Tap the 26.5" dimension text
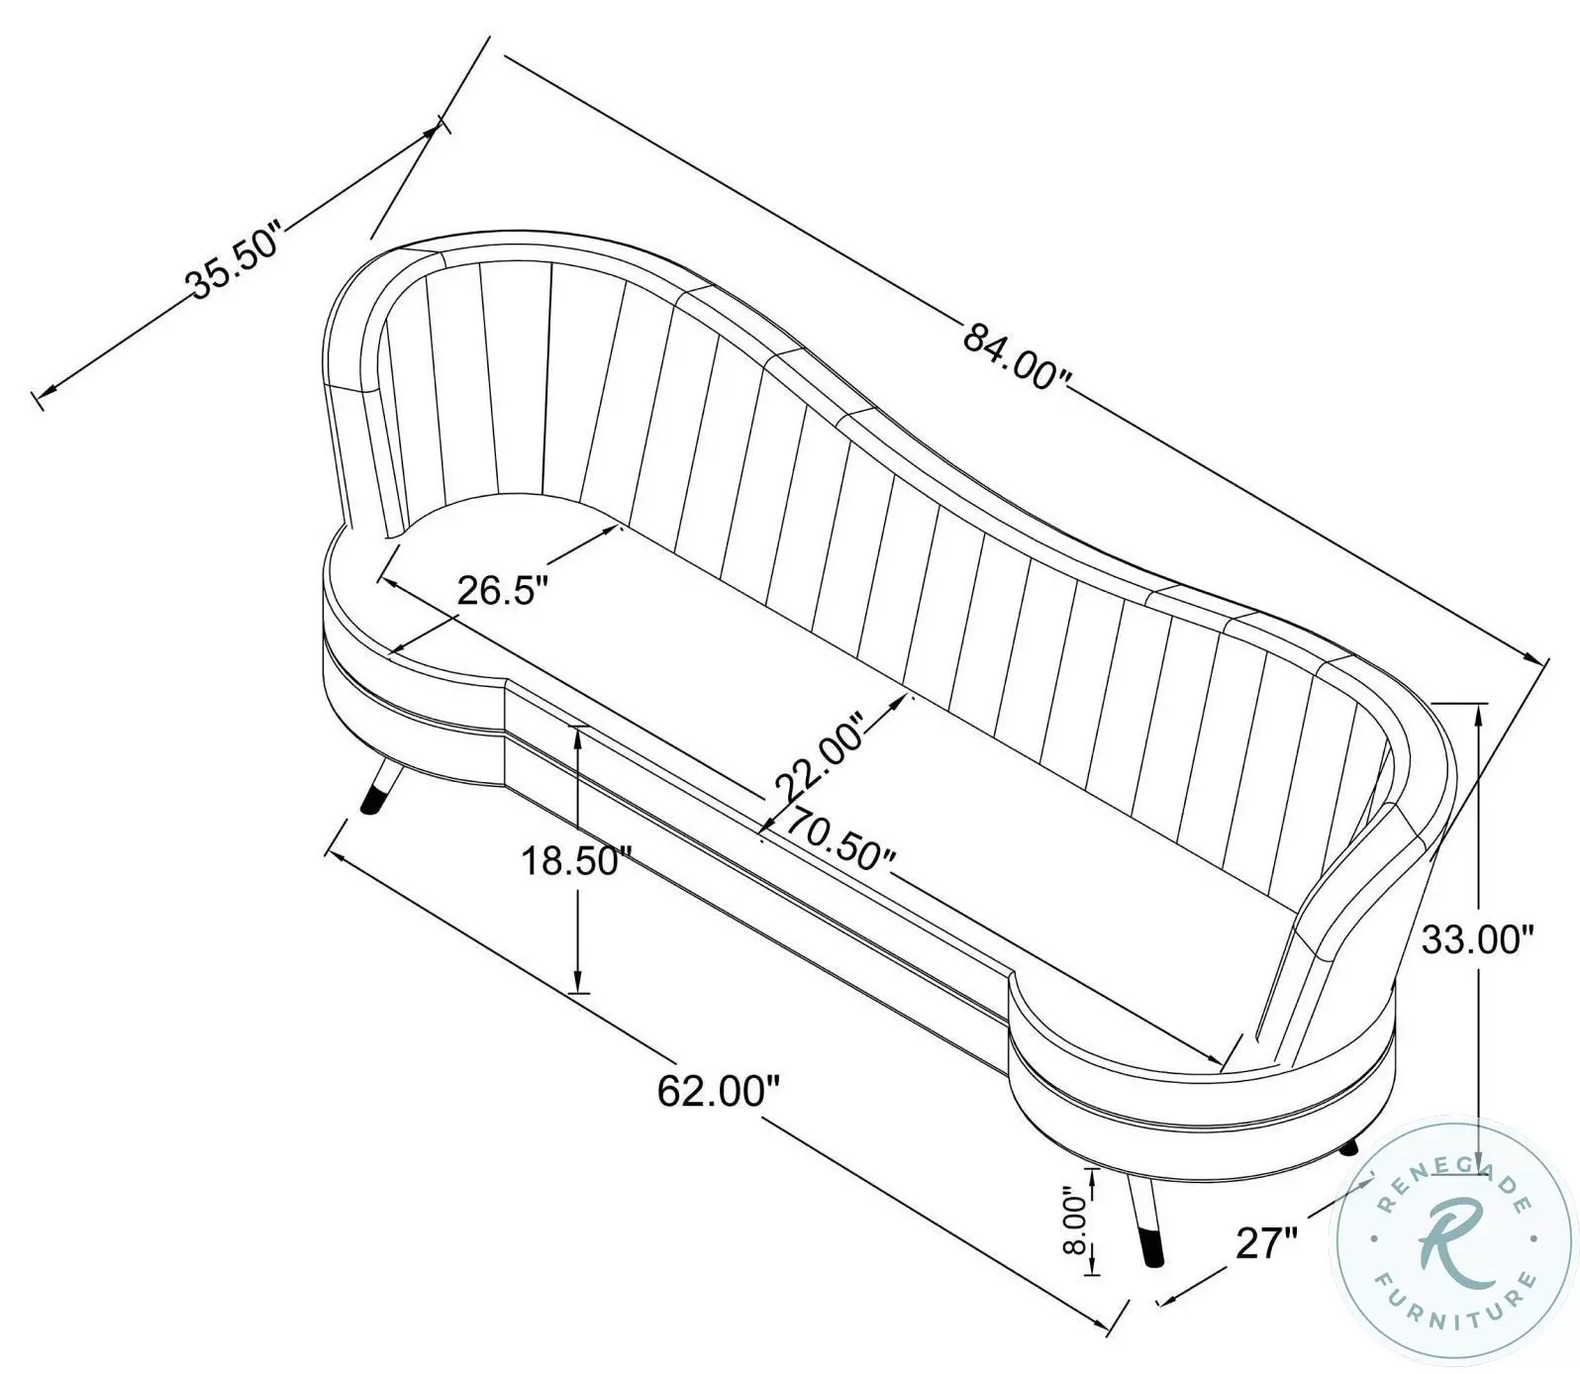[502, 591]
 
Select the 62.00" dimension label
[720, 1092]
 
